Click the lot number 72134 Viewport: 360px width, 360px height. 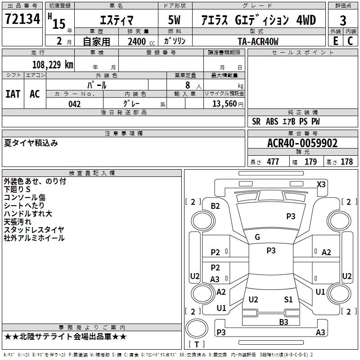pos(22,19)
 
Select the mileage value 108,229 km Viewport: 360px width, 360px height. pos(53,65)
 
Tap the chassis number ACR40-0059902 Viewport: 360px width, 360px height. pos(302,143)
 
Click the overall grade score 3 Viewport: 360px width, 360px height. pos(343,21)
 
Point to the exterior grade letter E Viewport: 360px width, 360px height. pos(336,41)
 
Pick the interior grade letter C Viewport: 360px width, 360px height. pos(350,41)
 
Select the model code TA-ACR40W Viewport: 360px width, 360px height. pos(258,41)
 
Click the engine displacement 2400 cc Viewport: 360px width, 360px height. pos(141,41)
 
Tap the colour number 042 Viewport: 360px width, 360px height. pos(75,104)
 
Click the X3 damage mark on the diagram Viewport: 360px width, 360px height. pos(321,184)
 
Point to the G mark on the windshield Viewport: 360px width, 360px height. pos(257,237)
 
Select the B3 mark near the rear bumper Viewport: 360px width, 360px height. pos(283,322)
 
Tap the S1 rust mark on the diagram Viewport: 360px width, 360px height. pos(288,300)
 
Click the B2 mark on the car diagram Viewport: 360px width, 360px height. pos(216,206)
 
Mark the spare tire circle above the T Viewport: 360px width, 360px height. pos(197,328)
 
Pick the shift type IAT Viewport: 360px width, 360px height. pos(13,94)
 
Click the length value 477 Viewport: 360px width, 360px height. pos(273,162)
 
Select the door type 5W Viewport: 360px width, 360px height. pos(174,20)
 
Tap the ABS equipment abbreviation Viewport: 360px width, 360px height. pos(272,121)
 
